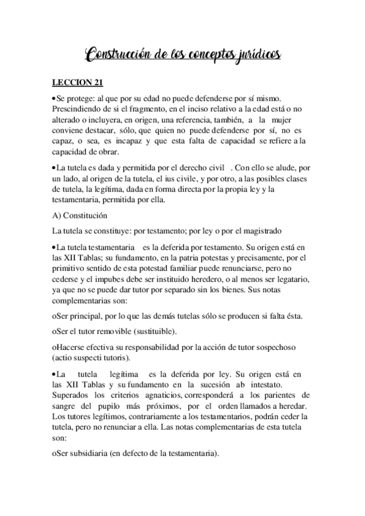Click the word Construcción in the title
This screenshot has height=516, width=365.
point(116,56)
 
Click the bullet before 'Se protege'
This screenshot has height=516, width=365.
point(54,98)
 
